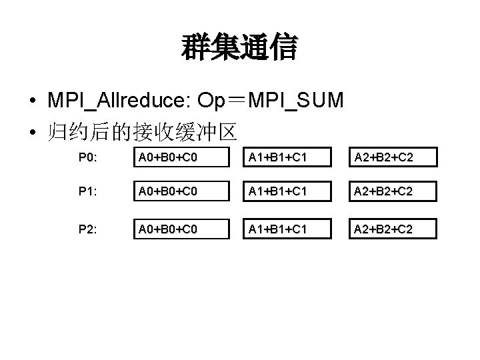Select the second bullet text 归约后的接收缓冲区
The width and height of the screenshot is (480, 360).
click(142, 131)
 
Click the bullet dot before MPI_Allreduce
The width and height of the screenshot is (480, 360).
click(32, 101)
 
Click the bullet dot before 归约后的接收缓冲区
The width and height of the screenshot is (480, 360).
click(32, 131)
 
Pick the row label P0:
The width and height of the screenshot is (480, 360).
click(88, 157)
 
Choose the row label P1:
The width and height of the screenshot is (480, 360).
click(88, 192)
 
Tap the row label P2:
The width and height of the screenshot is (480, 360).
click(88, 229)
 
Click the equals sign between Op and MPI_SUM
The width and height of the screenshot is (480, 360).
click(236, 101)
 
